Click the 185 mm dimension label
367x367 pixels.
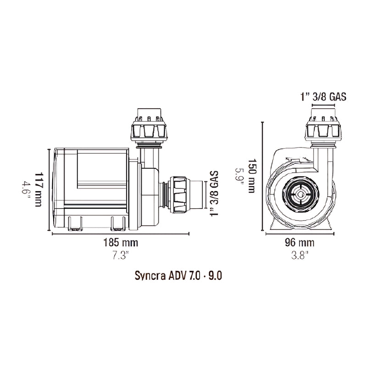point(121,242)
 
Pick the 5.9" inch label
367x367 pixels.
point(239,177)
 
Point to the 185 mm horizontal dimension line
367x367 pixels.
point(121,233)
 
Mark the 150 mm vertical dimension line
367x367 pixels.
point(262,177)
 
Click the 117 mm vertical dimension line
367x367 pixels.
point(49,189)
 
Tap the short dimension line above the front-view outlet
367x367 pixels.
point(325,105)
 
